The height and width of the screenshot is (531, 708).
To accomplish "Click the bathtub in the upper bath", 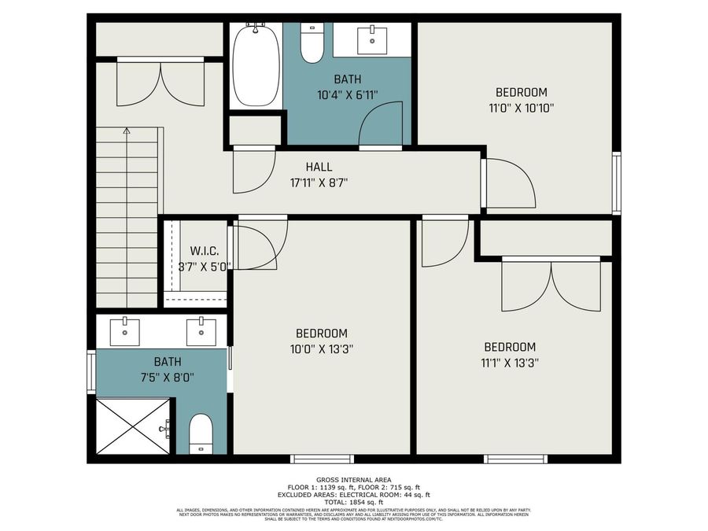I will click(x=256, y=66).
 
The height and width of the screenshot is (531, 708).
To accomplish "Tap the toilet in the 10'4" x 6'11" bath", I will click(x=312, y=45).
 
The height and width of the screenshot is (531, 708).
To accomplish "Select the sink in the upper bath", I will click(x=371, y=38).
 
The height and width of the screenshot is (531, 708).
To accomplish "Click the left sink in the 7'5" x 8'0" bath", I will click(x=124, y=331).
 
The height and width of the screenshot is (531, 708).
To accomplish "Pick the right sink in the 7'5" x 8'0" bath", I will click(x=201, y=331).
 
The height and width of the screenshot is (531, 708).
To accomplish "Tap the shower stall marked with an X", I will click(x=133, y=426).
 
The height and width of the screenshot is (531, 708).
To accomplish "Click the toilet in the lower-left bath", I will click(x=201, y=433).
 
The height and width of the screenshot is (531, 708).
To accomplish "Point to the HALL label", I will click(x=319, y=167).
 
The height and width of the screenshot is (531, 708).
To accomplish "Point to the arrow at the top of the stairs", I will click(x=127, y=132).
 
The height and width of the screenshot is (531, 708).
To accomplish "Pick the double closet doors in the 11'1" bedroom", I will click(x=551, y=285).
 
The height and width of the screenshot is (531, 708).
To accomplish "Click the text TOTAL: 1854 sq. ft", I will click(x=353, y=502).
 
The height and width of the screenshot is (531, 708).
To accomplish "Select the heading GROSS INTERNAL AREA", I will click(x=353, y=480).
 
